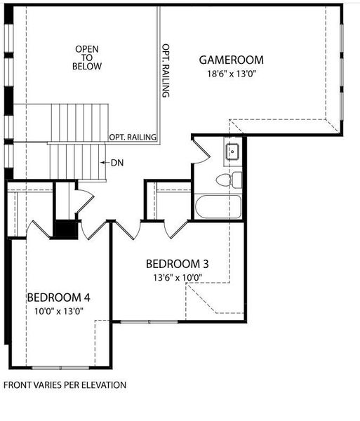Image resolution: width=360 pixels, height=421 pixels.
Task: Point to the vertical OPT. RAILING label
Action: click(166, 70)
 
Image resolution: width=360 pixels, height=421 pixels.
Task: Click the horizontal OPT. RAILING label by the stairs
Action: click(132, 137)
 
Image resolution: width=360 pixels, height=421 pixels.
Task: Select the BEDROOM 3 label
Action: click(177, 265)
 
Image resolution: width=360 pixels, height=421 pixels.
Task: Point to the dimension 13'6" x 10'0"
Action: click(175, 277)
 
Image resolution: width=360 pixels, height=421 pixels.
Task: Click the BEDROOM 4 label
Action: click(58, 298)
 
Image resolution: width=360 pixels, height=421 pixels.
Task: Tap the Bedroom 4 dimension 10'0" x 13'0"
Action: click(58, 311)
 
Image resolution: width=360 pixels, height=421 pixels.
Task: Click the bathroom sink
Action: click(232, 151)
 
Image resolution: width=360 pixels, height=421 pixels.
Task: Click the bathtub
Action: click(218, 207)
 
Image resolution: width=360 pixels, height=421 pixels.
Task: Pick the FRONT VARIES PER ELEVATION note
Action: click(65, 385)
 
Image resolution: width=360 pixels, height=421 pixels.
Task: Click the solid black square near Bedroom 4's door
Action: click(67, 230)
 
